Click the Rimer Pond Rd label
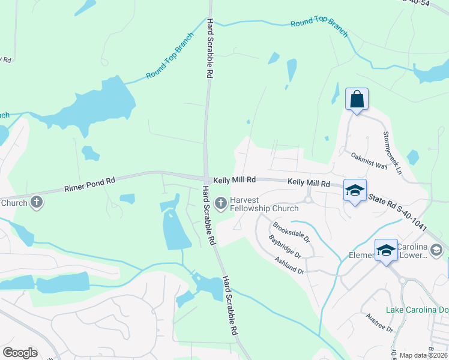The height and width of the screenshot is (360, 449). click(x=89, y=185)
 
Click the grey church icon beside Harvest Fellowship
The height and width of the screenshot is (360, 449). click(x=220, y=204)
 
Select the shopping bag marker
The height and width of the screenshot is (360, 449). click(x=357, y=100)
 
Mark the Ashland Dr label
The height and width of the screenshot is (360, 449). click(x=289, y=266)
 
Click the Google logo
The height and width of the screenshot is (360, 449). click(x=20, y=353)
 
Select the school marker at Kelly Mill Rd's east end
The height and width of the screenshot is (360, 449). click(x=355, y=191)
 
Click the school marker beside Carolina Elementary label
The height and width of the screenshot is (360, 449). click(x=386, y=250)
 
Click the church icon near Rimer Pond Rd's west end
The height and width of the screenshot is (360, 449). click(x=37, y=202)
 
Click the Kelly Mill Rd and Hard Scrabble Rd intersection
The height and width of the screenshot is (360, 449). click(x=205, y=178)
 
